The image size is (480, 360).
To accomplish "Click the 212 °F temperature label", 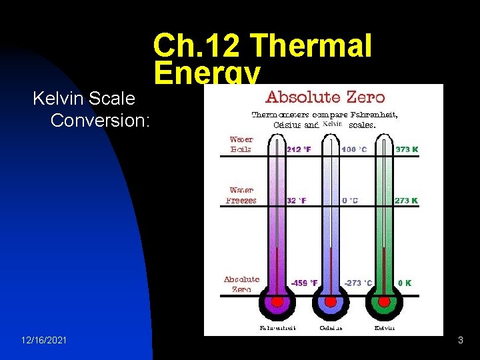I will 299,149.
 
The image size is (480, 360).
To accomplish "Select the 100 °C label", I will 353,149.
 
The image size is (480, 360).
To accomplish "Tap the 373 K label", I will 406,149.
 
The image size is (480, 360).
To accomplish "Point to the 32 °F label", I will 296,200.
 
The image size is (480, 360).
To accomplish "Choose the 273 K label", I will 406,200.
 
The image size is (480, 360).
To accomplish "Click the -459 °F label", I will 304,283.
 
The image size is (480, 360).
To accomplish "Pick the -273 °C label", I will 358,283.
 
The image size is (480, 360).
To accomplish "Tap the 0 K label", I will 405,283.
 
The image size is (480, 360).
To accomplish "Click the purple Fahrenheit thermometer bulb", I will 276,302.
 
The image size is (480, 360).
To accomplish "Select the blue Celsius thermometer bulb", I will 330,302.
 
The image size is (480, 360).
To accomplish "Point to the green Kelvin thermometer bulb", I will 384,302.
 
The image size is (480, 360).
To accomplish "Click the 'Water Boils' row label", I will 241,145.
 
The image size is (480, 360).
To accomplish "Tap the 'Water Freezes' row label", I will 241,195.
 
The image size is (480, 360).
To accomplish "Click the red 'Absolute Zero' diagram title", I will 325,97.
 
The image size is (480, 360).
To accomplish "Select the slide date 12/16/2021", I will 44,341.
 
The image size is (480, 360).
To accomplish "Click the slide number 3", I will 460,341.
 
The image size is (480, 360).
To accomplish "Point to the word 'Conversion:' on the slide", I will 101,121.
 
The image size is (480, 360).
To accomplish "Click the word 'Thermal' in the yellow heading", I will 313,47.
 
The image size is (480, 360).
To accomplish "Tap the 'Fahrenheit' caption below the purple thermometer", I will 277,327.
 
